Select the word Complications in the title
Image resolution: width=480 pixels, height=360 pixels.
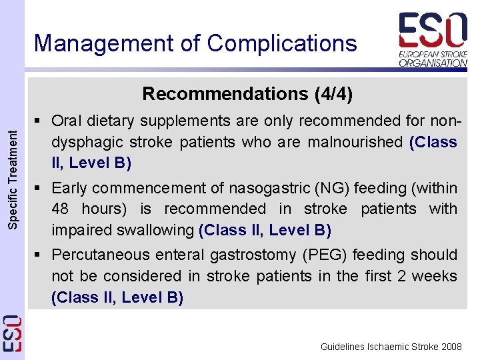[282, 43]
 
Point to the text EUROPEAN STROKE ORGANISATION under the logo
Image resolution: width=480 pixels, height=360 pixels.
[433, 58]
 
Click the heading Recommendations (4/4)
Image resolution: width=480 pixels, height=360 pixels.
[247, 93]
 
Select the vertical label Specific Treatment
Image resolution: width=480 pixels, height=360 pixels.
[12, 179]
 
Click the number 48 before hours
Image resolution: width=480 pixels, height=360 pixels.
[61, 209]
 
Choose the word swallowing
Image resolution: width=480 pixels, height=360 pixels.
[157, 230]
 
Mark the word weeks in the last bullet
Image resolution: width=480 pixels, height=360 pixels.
[435, 276]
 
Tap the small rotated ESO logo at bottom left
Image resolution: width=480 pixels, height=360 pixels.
[12, 333]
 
